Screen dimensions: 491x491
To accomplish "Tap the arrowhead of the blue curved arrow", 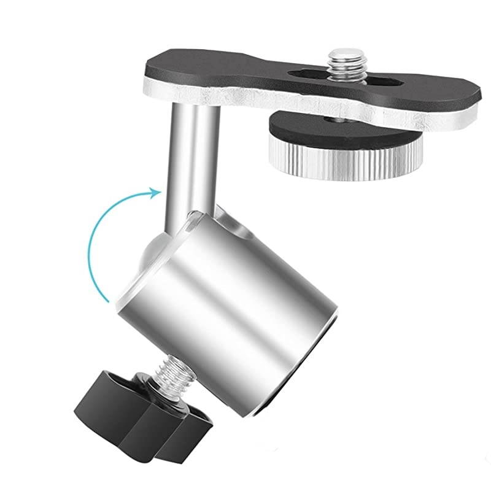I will point(156,191).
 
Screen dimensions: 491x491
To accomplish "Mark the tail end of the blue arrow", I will point(109,301).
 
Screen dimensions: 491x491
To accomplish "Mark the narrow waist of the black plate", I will point(245,77).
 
